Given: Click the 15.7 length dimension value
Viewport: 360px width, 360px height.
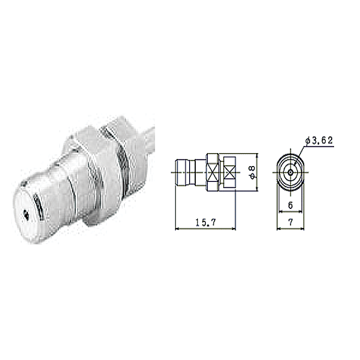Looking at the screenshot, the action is coord(206,222).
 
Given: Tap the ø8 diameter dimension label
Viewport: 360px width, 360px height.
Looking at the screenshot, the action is coord(252,172).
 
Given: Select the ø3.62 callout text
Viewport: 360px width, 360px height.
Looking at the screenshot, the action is coord(319,141).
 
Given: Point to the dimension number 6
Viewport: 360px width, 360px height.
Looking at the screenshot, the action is coord(290,205).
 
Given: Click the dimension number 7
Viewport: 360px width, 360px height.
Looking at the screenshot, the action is coord(291,222).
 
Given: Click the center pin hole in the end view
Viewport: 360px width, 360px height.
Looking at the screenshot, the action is coord(291,172).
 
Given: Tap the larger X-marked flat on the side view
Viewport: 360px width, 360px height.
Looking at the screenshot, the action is coord(213,172).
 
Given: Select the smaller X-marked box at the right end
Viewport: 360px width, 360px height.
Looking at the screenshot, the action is coord(229,172).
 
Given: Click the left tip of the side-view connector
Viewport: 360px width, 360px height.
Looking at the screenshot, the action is coord(175,172).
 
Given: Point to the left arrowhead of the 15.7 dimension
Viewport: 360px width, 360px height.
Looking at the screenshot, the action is coord(177,228).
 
